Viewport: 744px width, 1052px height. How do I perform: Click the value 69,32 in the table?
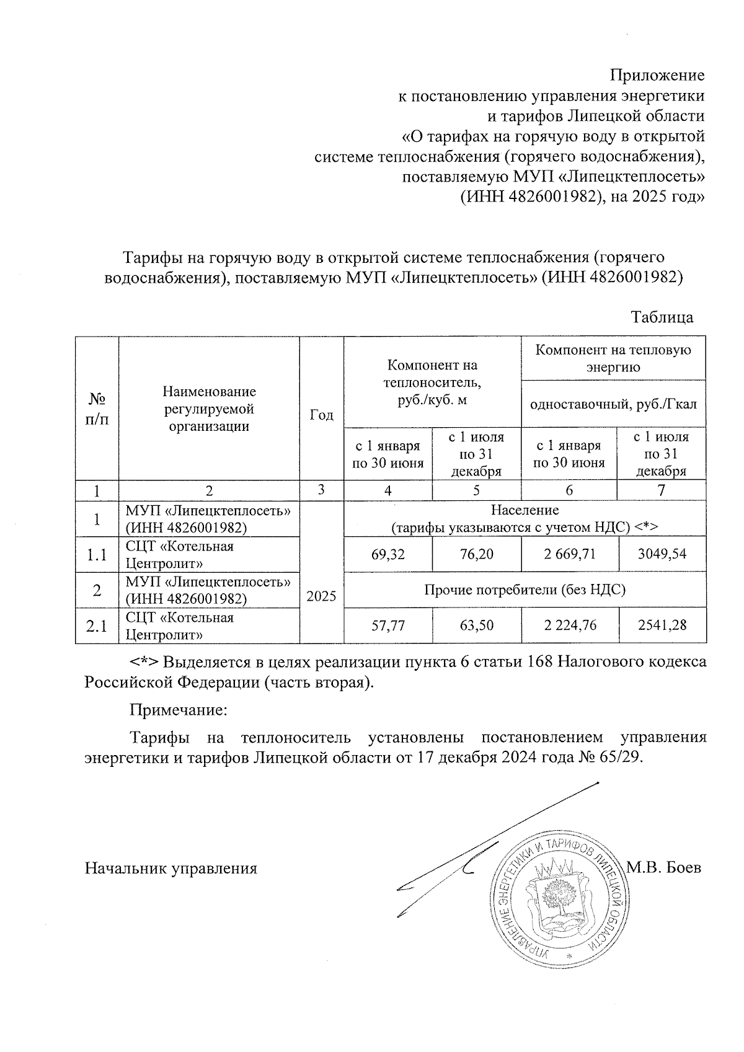pyautogui.click(x=387, y=554)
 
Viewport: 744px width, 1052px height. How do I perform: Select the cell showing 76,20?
pyautogui.click(x=476, y=554)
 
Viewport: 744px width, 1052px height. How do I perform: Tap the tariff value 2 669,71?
pyautogui.click(x=570, y=554)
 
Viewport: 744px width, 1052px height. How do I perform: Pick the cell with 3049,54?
pyautogui.click(x=662, y=554)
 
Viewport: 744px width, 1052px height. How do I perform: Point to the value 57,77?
pyautogui.click(x=387, y=625)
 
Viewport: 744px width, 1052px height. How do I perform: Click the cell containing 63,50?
pyautogui.click(x=476, y=625)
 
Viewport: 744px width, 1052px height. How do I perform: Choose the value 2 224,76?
pyautogui.click(x=570, y=625)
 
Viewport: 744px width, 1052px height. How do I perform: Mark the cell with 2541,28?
pyautogui.click(x=662, y=625)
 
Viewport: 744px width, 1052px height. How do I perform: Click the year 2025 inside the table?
pyautogui.click(x=321, y=596)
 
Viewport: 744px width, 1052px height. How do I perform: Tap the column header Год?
pyautogui.click(x=321, y=415)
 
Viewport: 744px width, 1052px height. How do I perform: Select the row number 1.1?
pyautogui.click(x=97, y=555)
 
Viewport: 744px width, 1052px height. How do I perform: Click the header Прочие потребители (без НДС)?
pyautogui.click(x=525, y=590)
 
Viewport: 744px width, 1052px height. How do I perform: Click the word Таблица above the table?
pyautogui.click(x=662, y=317)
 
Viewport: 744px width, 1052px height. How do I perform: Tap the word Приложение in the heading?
pyautogui.click(x=657, y=76)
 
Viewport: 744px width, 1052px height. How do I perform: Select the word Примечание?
pyautogui.click(x=179, y=710)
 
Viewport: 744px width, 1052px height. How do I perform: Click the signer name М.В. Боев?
pyautogui.click(x=664, y=867)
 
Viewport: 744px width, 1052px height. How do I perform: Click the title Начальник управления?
pyautogui.click(x=170, y=868)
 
